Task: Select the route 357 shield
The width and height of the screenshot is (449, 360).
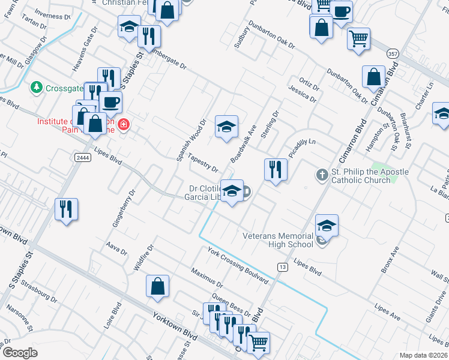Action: pos(393,54)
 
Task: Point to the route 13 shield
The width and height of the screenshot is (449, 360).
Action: pos(282,266)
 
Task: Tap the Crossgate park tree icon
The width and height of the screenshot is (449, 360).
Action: pos(37,88)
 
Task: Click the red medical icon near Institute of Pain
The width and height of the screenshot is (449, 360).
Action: pos(123,125)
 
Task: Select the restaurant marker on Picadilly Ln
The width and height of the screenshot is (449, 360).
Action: pos(276,169)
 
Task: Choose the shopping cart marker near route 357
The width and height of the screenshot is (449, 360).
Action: pos(358,39)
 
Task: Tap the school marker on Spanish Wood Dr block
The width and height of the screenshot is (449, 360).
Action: pos(226,127)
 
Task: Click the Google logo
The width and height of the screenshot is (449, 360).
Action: pos(20,353)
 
